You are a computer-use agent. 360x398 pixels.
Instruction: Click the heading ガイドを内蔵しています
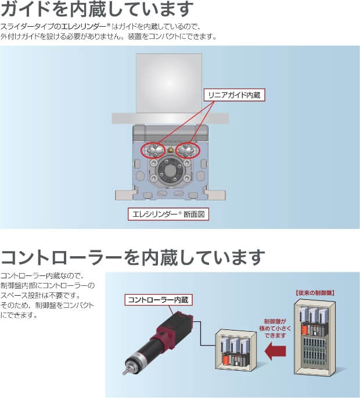[97, 9]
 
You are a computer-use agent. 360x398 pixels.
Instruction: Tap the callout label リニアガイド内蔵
[235, 95]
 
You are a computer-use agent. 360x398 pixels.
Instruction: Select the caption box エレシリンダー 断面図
[168, 214]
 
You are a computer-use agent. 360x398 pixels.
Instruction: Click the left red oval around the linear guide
[153, 150]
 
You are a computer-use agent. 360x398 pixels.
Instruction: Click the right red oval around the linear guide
[188, 150]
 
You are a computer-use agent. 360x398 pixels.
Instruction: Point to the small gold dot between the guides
[171, 150]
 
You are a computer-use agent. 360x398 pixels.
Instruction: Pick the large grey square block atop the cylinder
[169, 83]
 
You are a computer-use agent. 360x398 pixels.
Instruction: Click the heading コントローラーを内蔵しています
[133, 257]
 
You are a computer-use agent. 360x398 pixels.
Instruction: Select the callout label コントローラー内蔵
[159, 300]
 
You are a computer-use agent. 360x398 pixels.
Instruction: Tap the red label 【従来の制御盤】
[315, 293]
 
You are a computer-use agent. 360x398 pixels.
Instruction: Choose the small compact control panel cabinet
[236, 349]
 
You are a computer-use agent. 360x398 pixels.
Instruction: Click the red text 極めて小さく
[275, 328]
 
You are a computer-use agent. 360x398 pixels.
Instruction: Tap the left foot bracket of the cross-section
[124, 195]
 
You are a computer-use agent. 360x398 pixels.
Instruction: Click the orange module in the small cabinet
[226, 360]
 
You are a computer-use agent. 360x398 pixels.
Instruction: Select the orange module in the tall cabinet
[305, 330]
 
